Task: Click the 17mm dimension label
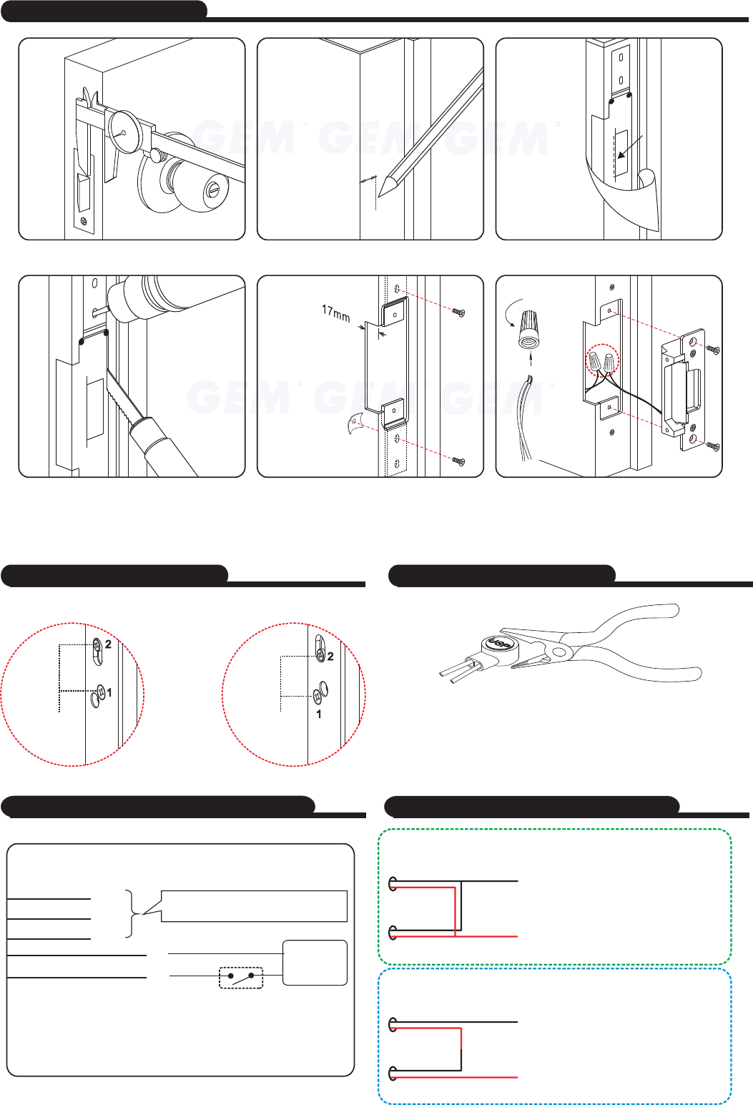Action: click(x=335, y=313)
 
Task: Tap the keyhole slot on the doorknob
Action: click(x=213, y=190)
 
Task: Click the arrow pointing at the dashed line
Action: click(x=630, y=149)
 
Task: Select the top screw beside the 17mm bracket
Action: click(x=458, y=312)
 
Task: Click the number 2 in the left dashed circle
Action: click(x=109, y=644)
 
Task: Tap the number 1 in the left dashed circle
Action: click(x=109, y=692)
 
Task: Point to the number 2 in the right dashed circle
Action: click(x=330, y=656)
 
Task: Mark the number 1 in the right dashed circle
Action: click(x=319, y=713)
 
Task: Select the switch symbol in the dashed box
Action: click(x=241, y=977)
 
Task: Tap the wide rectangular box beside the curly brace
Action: click(x=254, y=906)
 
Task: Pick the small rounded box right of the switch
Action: click(x=315, y=962)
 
